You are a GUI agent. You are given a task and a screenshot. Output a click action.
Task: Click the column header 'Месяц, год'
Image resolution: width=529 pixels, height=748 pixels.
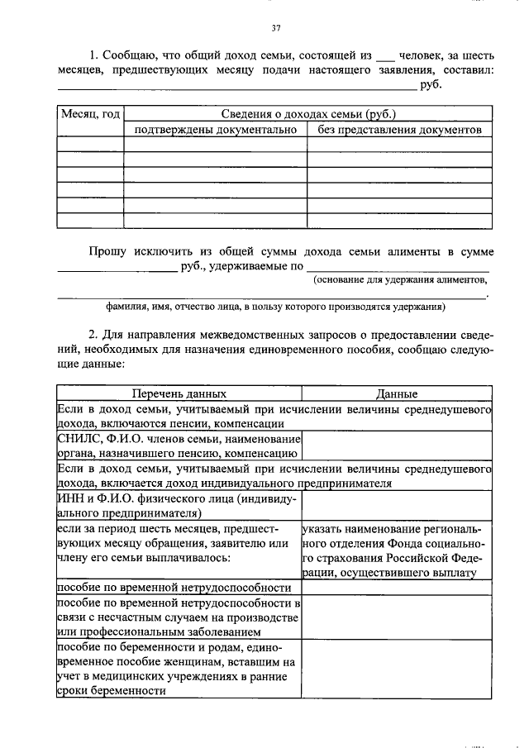pyautogui.click(x=90, y=114)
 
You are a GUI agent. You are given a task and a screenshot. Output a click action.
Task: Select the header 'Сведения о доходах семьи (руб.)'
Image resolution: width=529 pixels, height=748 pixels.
pyautogui.click(x=307, y=114)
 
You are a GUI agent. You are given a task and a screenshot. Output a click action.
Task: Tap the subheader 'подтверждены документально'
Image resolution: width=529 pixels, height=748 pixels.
pyautogui.click(x=214, y=130)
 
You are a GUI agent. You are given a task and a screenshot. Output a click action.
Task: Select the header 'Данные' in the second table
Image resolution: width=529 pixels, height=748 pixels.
pyautogui.click(x=397, y=394)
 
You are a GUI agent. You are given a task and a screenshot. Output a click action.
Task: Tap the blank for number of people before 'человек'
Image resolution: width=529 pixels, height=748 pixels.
pyautogui.click(x=385, y=58)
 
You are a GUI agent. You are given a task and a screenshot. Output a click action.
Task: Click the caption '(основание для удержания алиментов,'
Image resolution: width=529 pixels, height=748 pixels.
pyautogui.click(x=400, y=280)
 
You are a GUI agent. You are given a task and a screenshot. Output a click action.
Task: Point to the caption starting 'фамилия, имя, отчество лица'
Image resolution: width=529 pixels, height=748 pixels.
pyautogui.click(x=275, y=306)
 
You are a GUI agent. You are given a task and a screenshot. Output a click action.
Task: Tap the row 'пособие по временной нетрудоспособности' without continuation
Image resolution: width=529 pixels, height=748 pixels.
pyautogui.click(x=174, y=587)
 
